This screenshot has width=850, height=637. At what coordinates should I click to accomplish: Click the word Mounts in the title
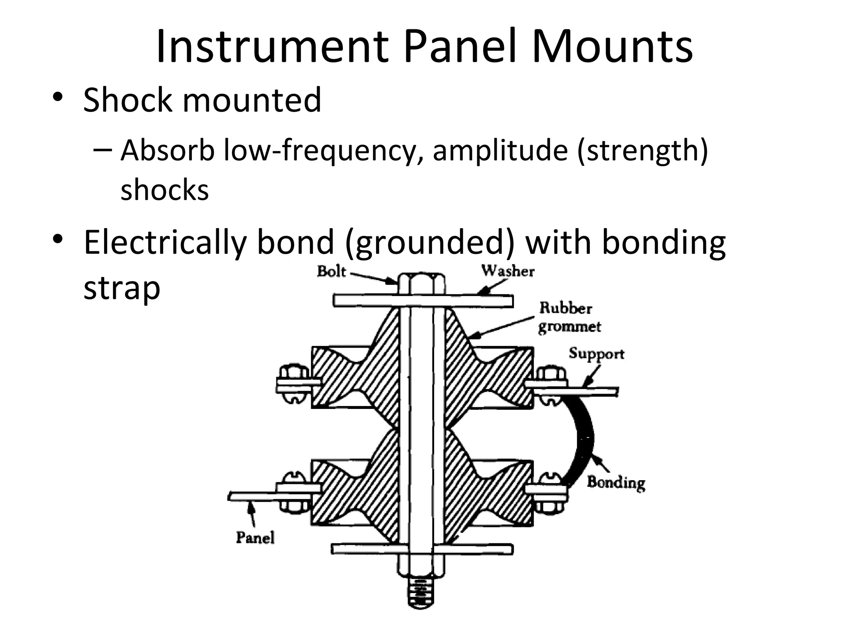tap(612, 46)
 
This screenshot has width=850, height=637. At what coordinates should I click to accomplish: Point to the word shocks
tap(164, 190)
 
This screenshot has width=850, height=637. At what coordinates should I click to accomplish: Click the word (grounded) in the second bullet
tap(430, 242)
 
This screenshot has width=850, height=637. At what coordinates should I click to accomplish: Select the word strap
tap(122, 288)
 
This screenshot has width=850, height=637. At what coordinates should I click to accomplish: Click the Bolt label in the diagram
tap(331, 271)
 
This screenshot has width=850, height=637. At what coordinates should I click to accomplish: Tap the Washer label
tap(508, 271)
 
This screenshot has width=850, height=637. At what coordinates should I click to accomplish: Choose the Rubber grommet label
tap(569, 317)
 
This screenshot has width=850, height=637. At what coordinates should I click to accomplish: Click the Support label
tap(596, 354)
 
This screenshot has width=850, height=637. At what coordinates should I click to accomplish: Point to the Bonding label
tap(616, 482)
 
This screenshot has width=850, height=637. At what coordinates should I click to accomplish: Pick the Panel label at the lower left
tap(255, 537)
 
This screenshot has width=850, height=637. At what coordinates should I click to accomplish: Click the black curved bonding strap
tap(585, 440)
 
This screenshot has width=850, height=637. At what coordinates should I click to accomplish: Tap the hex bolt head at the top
tap(421, 284)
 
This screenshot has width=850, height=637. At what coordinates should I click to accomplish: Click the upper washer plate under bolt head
tap(423, 301)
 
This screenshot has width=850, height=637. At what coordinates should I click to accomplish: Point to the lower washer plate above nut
tap(422, 549)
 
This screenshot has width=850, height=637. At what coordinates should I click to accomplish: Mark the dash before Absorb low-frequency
tap(103, 149)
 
